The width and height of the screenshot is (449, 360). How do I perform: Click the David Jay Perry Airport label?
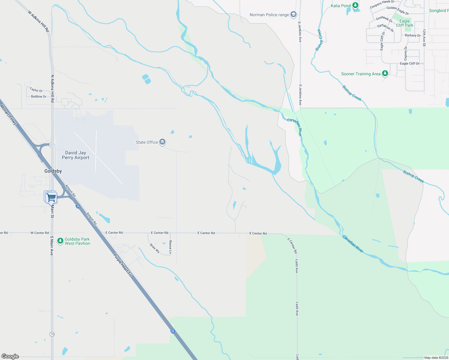click(x=76, y=155)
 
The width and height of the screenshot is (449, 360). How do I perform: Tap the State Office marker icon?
click(x=162, y=142)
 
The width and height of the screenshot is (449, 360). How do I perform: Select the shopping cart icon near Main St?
click(x=51, y=197)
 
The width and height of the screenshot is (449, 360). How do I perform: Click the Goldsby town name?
click(x=53, y=171)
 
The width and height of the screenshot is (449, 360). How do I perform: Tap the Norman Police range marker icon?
click(x=294, y=14)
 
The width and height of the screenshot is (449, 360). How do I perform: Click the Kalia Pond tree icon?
click(x=355, y=5)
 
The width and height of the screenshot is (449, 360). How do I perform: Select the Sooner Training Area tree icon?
click(x=385, y=73)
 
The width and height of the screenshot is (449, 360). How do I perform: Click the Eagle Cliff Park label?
click(x=405, y=23)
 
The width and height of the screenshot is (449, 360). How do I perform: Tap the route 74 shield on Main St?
click(x=52, y=334)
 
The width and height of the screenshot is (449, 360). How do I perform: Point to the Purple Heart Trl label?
click(x=122, y=265)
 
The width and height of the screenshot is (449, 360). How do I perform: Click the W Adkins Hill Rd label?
click(x=38, y=21)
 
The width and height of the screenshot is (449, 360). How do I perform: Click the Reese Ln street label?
click(x=170, y=247)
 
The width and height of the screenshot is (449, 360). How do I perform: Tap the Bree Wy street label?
click(x=155, y=248)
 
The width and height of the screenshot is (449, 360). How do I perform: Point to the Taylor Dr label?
click(x=36, y=90)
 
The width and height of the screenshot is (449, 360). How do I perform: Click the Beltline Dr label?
click(x=39, y=97)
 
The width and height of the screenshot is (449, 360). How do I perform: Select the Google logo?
click(x=10, y=356)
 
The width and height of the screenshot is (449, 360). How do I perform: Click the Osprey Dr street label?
click(x=406, y=53)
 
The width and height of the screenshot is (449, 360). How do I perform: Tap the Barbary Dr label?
click(x=413, y=35)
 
